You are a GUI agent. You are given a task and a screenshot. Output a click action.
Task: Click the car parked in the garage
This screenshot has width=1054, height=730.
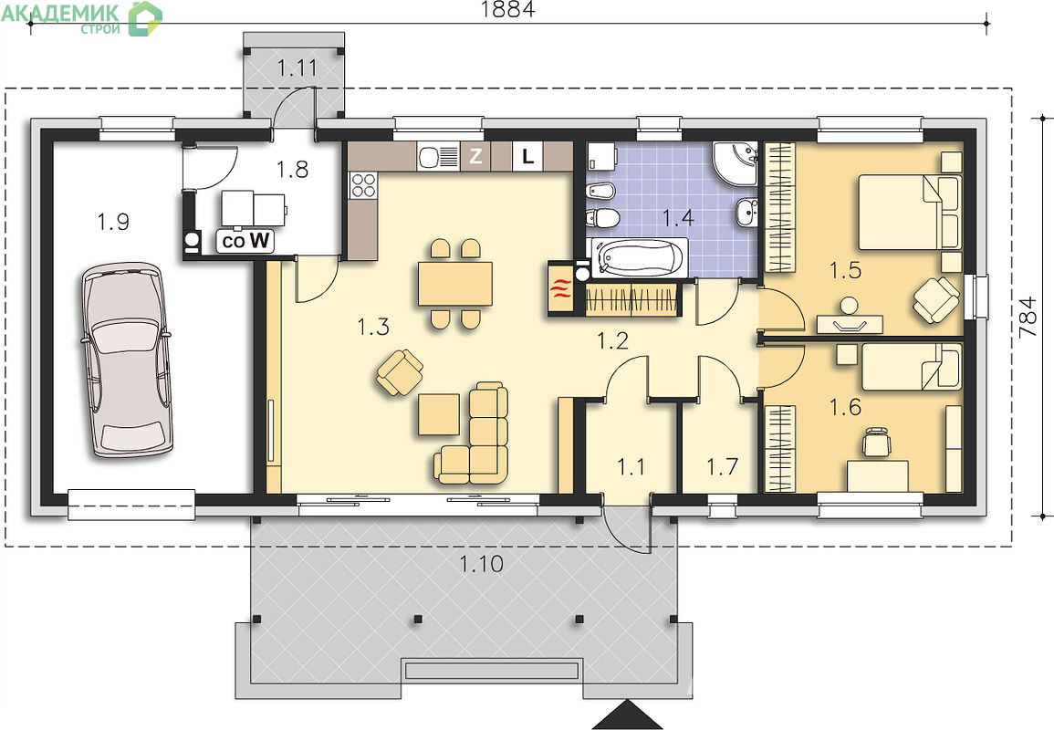tap(126, 360)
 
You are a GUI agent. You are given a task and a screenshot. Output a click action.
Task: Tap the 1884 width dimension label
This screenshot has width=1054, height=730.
tap(508, 9)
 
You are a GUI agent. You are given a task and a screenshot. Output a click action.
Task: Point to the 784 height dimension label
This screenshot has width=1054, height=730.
tap(1028, 318)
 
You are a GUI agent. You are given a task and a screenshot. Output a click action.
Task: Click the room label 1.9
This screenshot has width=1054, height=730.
tap(113, 221)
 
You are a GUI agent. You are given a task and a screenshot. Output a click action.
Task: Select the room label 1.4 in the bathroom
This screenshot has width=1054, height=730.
tap(677, 218)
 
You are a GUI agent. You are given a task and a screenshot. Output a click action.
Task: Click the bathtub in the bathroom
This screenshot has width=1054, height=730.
tap(638, 257)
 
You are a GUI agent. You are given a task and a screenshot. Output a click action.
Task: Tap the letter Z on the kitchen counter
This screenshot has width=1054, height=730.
tap(475, 157)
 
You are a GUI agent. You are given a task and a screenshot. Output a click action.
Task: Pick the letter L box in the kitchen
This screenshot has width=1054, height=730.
tap(528, 157)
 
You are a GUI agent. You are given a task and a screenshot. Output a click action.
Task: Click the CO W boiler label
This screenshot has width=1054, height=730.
tap(245, 241)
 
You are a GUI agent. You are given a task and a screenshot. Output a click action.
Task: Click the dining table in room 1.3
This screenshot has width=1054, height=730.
tap(455, 284)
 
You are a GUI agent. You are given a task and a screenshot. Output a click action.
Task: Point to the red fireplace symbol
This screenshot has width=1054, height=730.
tap(560, 287)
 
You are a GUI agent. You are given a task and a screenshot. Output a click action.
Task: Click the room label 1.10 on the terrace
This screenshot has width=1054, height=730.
tap(481, 564)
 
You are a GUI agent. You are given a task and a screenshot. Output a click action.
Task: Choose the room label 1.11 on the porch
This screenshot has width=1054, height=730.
tap(297, 68)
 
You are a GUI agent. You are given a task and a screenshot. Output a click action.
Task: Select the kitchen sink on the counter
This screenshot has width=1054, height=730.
tap(438, 157)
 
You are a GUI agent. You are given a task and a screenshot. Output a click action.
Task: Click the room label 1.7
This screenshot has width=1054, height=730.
tap(722, 466)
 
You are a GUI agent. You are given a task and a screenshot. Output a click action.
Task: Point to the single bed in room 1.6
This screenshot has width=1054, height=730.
tap(911, 366)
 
